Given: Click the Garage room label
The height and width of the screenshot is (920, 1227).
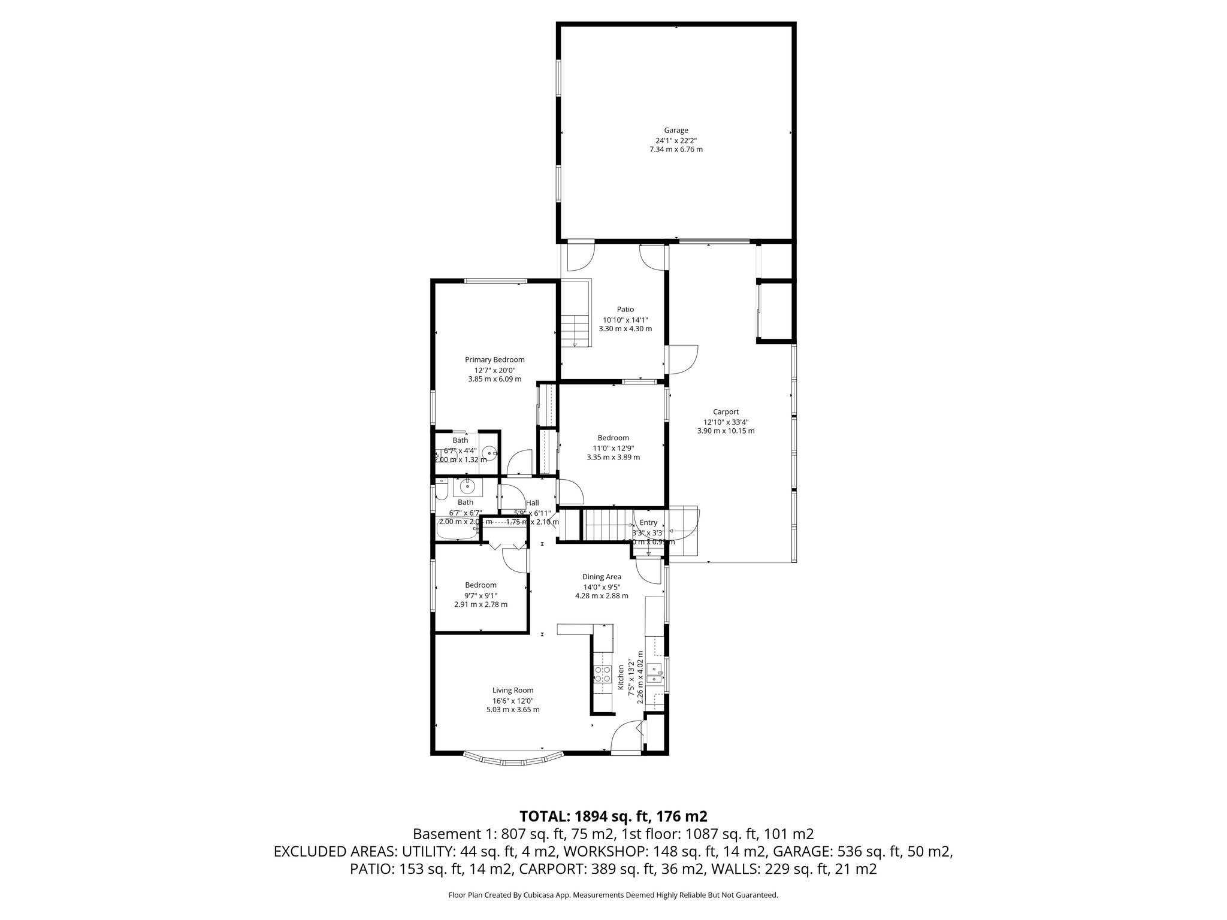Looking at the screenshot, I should point(676,130).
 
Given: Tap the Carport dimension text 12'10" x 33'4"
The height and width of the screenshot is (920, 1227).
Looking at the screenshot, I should point(726,422).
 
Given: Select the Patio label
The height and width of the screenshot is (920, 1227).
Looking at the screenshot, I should point(625,309).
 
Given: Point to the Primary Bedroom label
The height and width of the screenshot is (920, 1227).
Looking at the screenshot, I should point(494,359).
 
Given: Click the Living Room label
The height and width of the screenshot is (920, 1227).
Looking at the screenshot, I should point(513,690).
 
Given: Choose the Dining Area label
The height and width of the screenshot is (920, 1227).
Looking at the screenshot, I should point(602,577).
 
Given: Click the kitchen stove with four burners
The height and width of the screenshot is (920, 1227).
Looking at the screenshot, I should point(602,674).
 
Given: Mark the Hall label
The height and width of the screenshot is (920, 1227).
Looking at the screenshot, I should point(532,503).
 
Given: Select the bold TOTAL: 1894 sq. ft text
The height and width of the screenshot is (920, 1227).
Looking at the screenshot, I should point(613,816).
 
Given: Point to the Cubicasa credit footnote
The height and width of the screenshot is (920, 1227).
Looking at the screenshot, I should point(613,895).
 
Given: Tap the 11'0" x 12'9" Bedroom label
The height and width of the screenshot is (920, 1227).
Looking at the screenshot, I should point(613,438).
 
